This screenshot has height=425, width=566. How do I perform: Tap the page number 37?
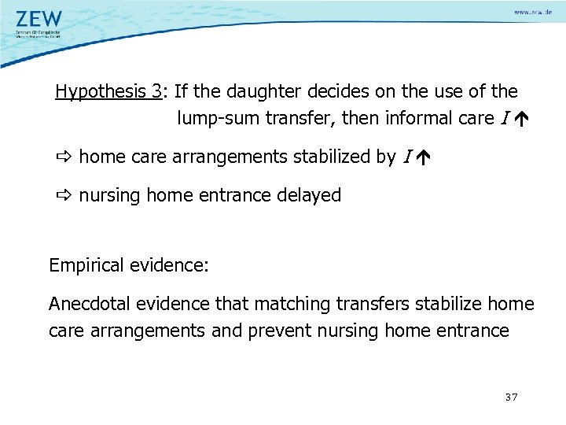[512, 397]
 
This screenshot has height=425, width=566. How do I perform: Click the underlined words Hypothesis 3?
[108, 91]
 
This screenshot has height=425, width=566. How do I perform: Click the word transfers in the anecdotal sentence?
[369, 303]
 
